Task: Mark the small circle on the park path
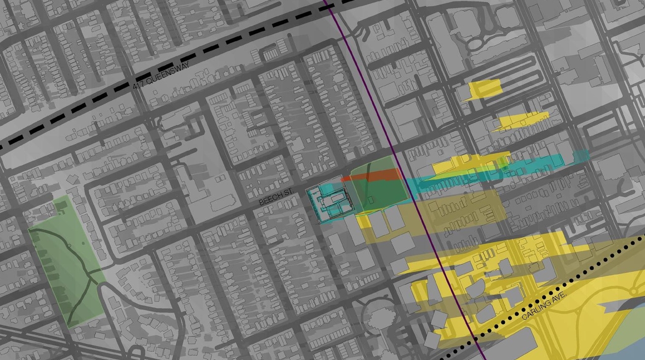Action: pos(69,246)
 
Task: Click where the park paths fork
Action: pos(90,272)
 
